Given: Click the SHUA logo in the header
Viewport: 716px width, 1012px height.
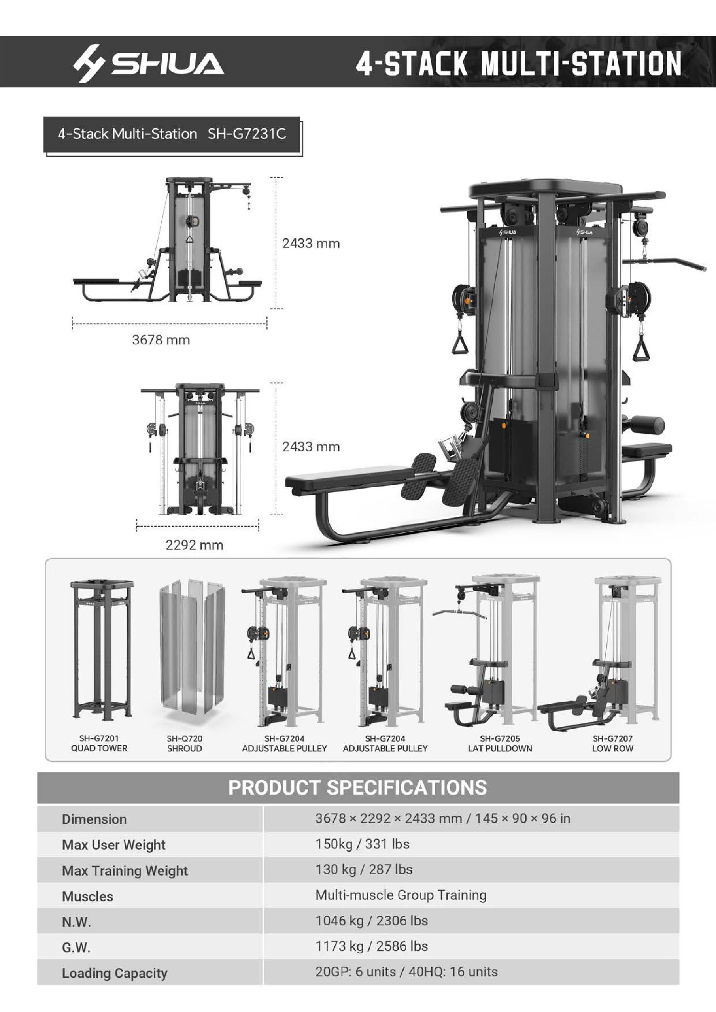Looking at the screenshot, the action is (x=149, y=63).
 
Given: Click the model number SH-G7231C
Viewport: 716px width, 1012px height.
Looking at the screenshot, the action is (x=247, y=134).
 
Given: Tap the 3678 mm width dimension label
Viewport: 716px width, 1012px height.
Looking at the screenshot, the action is (x=161, y=340).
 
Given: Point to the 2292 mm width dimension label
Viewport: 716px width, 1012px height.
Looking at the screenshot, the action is (x=195, y=545).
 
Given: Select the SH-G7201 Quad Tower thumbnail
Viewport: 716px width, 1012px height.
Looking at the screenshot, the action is (x=101, y=649).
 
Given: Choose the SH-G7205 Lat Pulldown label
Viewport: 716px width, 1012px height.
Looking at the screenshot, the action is (x=500, y=743).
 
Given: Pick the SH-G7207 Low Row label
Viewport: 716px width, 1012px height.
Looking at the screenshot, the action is (x=612, y=743).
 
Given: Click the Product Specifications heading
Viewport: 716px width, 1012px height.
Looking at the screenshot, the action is (x=357, y=787).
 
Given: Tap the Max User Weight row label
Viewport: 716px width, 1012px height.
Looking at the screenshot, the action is (x=114, y=844).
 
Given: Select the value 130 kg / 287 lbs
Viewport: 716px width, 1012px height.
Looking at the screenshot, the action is (x=364, y=869).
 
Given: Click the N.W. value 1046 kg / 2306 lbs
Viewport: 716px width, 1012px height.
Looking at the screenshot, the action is (x=371, y=920).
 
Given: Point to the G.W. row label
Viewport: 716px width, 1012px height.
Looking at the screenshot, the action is (x=76, y=947).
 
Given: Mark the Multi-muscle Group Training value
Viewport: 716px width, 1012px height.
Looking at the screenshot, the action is (x=401, y=895).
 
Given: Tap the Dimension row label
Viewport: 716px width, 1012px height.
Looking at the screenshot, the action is (x=94, y=819).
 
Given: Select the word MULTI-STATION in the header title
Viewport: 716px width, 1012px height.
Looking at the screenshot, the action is (x=581, y=63).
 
